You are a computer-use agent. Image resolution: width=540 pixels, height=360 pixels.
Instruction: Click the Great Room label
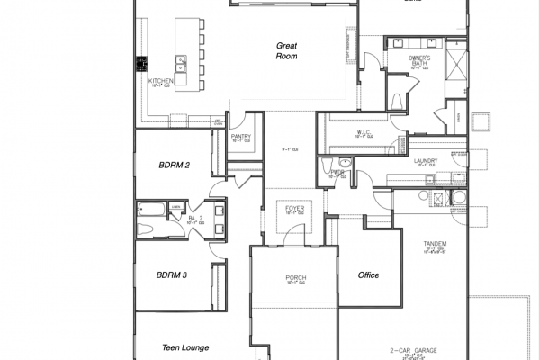click(x=286, y=51)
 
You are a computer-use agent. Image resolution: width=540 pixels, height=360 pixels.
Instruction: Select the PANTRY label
click(x=241, y=137)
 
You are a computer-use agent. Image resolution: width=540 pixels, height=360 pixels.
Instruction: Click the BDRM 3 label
click(x=171, y=274)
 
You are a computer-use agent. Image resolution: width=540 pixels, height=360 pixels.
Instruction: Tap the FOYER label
click(x=295, y=206)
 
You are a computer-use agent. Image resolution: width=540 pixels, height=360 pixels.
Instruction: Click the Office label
click(x=367, y=275)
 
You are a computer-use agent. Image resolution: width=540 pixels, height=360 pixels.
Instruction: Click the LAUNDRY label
click(x=426, y=162)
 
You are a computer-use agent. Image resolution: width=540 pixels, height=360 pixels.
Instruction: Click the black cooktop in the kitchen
click(x=141, y=65)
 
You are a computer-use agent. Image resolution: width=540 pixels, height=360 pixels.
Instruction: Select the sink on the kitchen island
click(x=181, y=63)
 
